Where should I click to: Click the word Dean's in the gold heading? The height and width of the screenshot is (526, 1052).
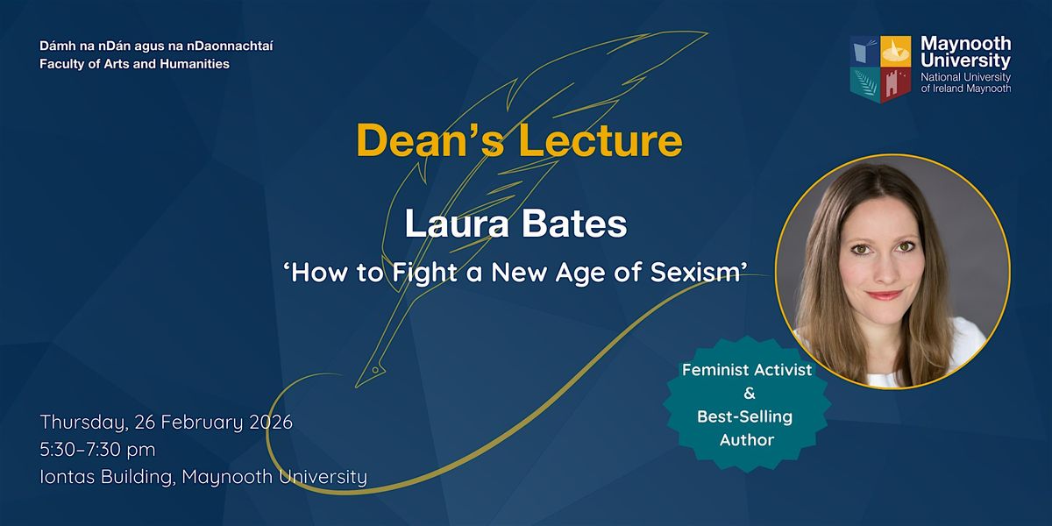click(430, 140)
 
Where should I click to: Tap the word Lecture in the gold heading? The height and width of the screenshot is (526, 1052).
click(601, 140)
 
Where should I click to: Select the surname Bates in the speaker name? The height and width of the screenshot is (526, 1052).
click(574, 224)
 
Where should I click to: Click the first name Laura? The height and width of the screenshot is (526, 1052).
click(457, 224)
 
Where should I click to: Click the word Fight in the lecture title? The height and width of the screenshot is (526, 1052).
click(424, 274)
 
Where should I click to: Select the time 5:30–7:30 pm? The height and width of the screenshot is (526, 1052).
click(97, 450)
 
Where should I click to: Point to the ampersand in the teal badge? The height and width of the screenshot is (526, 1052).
click(749, 393)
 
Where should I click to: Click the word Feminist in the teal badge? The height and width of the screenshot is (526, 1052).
click(713, 370)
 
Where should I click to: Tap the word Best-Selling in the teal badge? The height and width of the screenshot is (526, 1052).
click(745, 416)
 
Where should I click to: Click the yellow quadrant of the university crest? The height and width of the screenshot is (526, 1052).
click(896, 51)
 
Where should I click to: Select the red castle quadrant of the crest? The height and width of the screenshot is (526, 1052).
click(896, 84)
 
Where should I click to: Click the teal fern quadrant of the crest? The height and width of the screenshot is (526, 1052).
click(865, 84)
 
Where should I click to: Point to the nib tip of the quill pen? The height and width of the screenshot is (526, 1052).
click(357, 387)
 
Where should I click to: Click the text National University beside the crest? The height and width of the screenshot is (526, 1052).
click(965, 77)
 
